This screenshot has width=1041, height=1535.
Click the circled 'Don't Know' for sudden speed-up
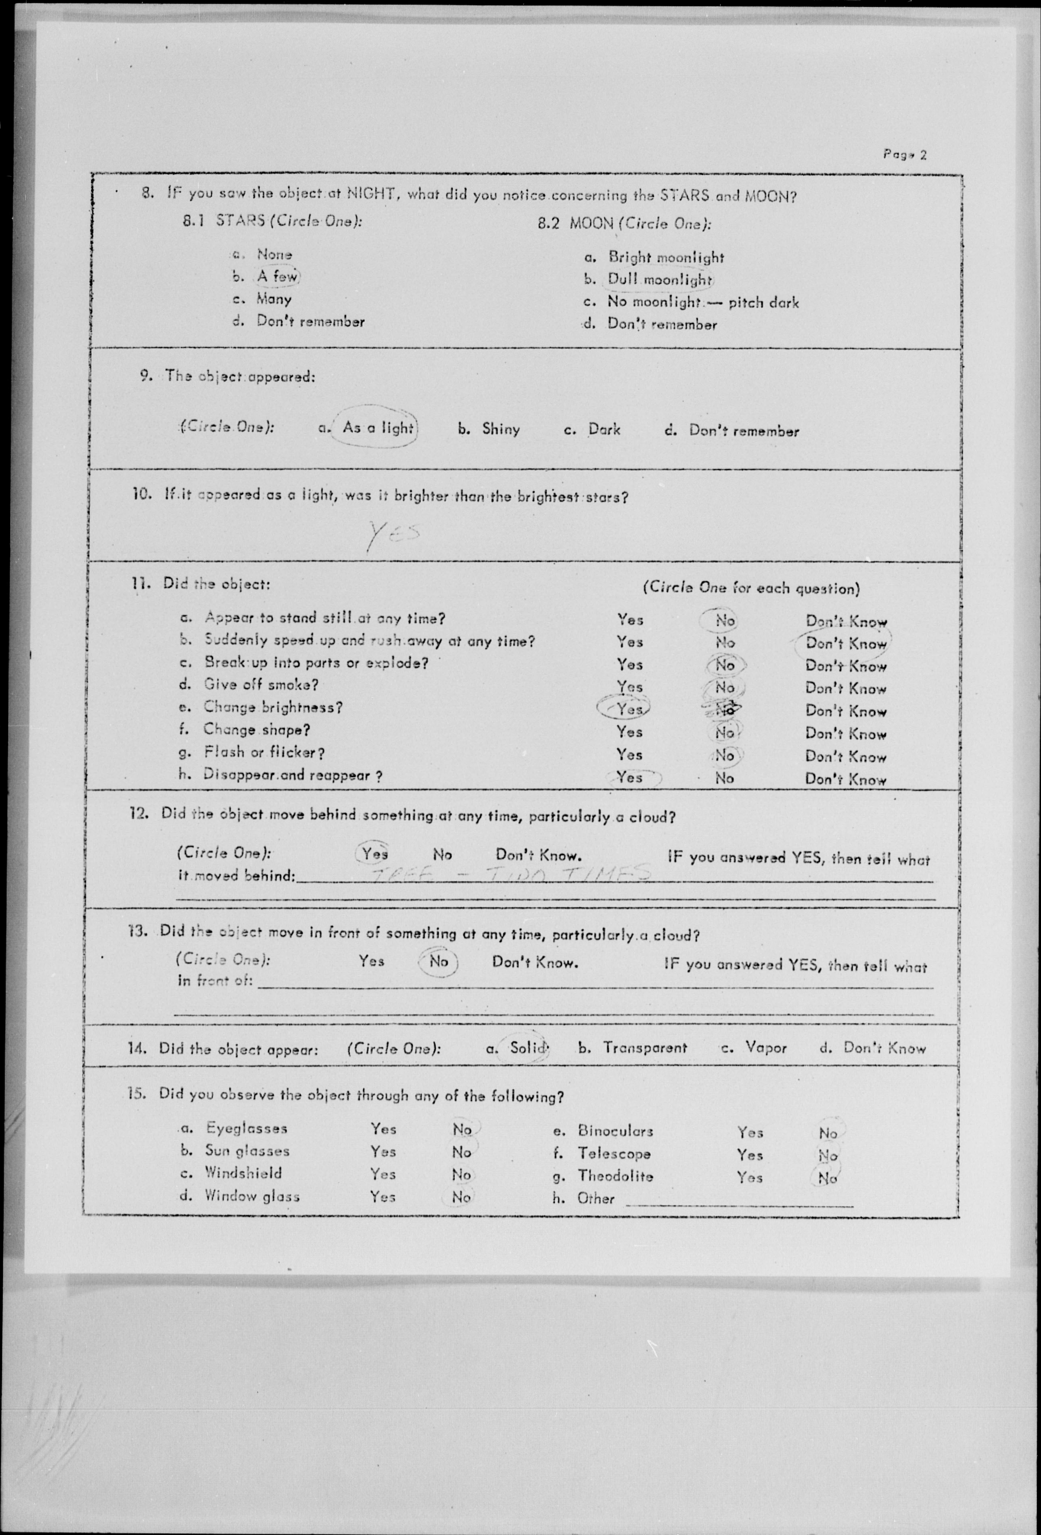[x=845, y=643]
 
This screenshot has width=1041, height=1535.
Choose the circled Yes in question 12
[x=375, y=854]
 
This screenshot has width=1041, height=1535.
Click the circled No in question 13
[x=438, y=961]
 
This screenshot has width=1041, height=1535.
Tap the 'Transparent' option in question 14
[x=644, y=1047]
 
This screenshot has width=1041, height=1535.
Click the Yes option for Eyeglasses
[x=383, y=1129]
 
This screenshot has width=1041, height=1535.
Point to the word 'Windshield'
[x=242, y=1173]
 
